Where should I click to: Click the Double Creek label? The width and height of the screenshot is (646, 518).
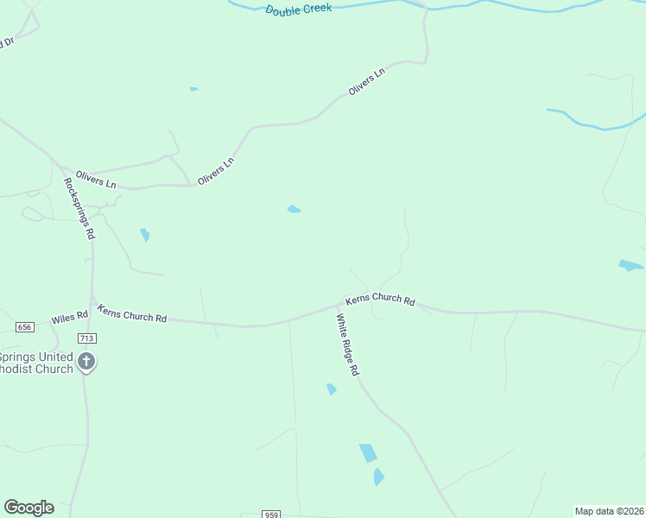click(298, 9)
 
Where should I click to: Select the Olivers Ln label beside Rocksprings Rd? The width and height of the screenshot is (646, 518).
click(95, 179)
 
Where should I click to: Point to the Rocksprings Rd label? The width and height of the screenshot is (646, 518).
click(79, 208)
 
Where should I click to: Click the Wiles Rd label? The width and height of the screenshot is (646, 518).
click(69, 318)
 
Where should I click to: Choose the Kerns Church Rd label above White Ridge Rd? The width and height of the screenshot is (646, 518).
click(380, 300)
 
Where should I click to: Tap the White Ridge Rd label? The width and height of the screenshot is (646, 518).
click(347, 344)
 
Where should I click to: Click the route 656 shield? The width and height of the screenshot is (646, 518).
click(24, 327)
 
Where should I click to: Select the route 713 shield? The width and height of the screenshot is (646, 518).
click(85, 338)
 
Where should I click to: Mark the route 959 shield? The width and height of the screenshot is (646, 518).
click(272, 515)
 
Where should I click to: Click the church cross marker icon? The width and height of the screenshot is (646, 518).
click(85, 362)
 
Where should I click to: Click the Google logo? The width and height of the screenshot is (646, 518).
click(28, 508)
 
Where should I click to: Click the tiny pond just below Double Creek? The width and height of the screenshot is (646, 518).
click(193, 89)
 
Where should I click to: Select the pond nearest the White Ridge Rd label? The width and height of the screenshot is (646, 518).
click(331, 389)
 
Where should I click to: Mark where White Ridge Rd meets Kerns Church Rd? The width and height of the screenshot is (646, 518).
click(339, 306)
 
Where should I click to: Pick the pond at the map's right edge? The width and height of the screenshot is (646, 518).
click(630, 265)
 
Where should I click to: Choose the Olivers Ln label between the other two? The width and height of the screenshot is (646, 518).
click(216, 169)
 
